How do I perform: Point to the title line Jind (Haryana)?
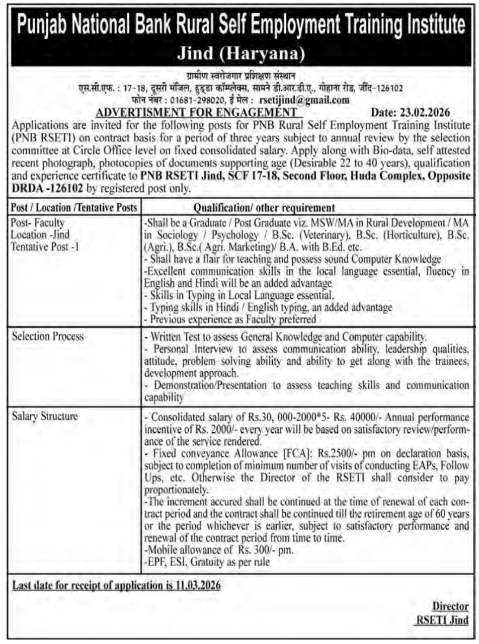pyautogui.click(x=239, y=52)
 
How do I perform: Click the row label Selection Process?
pyautogui.click(x=48, y=336)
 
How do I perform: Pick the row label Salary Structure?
pyautogui.click(x=45, y=416)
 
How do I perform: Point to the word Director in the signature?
pyautogui.click(x=451, y=607)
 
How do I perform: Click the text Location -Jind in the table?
pyautogui.click(x=40, y=234)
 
